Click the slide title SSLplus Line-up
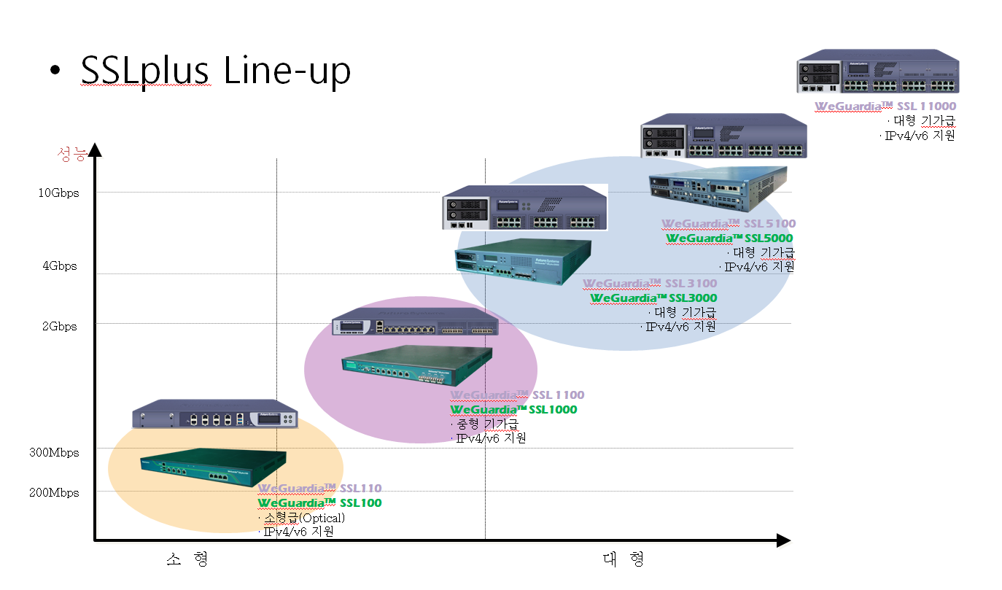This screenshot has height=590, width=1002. click(215, 71)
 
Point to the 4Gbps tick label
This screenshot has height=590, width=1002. click(60, 266)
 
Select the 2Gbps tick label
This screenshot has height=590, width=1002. click(60, 327)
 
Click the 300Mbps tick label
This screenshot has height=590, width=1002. click(55, 453)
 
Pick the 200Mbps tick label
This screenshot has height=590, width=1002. click(55, 493)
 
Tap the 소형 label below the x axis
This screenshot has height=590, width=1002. click(187, 559)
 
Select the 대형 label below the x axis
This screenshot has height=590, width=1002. click(624, 559)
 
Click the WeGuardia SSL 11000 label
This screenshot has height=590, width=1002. click(885, 106)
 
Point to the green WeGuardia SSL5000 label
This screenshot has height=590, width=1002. click(729, 238)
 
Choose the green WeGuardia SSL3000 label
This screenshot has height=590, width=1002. click(653, 298)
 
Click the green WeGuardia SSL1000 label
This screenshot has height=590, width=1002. click(513, 410)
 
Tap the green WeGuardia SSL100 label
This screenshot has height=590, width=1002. click(319, 503)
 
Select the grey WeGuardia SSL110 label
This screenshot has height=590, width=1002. click(319, 489)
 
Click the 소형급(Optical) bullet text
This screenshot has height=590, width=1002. click(303, 518)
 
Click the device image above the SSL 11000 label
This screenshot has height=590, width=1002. click(877, 71)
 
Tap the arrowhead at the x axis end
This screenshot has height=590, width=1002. click(784, 540)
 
